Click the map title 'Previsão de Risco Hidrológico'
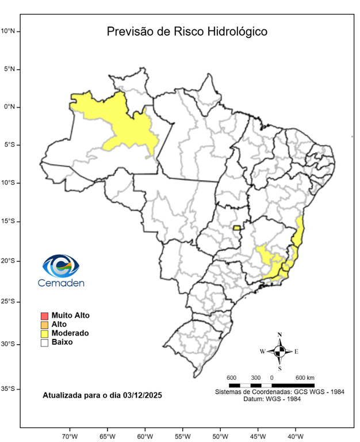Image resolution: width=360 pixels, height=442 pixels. click(187, 32)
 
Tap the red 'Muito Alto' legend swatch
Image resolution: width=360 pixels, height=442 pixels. click(44, 315)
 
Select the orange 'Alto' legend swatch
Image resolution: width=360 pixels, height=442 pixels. click(44, 325)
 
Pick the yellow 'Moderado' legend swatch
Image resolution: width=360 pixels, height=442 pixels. click(44, 333)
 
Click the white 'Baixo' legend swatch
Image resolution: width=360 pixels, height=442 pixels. click(44, 342)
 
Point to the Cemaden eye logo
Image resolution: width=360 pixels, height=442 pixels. click(61, 266)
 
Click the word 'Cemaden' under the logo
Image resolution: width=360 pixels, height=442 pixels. click(61, 283)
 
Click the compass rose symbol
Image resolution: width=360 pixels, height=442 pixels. click(279, 350)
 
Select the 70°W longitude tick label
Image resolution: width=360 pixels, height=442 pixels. click(70, 436)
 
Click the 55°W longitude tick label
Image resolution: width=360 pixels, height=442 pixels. click(183, 436)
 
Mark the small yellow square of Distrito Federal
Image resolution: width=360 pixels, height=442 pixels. click(236, 228)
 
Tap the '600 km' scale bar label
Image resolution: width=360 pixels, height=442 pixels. click(305, 378)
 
